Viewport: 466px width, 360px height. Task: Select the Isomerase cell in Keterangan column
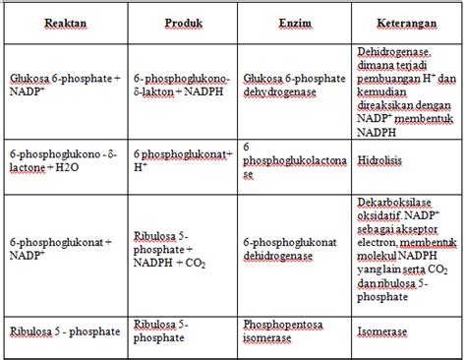[379, 332]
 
